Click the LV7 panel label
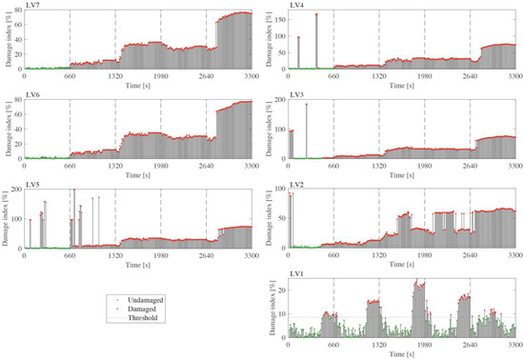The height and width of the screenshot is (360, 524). coord(32,6)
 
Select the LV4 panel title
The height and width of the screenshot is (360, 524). coord(297,6)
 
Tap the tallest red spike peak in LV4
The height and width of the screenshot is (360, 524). coord(316,15)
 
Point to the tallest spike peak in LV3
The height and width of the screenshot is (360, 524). coord(307,105)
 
